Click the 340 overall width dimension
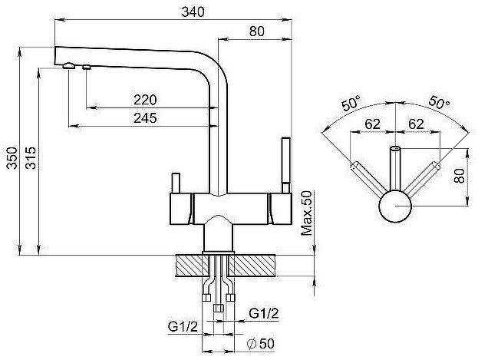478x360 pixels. point(193,12)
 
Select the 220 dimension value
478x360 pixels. point(145,100)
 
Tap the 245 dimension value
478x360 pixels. point(145,118)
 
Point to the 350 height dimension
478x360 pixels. point(12,158)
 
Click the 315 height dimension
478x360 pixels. point(31,158)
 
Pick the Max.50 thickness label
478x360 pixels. point(306,213)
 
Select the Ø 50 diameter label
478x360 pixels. point(261,344)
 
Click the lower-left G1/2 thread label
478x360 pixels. point(183,327)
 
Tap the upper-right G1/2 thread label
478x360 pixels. point(264,313)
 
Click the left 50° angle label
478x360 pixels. point(351,103)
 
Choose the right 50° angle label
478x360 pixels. point(439,103)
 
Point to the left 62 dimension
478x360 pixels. point(373,124)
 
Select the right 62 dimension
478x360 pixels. point(416,124)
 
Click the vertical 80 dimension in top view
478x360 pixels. point(460,176)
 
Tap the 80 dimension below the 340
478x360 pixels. point(257,31)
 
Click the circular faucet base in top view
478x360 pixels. point(395,206)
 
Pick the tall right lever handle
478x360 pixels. point(286,165)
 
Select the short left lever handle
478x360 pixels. point(176,183)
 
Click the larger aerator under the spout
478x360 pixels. point(69,65)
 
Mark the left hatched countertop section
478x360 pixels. point(192,266)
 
